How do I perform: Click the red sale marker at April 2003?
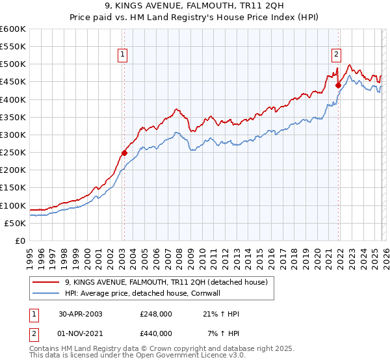click(x=124, y=153)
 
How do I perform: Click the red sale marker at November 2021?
click(x=338, y=85)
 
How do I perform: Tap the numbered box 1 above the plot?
click(x=123, y=55)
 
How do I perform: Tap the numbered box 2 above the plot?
click(x=337, y=55)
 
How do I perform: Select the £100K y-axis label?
click(x=13, y=206)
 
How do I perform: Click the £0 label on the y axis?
click(x=21, y=241)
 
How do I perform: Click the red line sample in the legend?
click(x=46, y=282)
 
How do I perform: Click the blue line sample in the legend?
click(x=46, y=293)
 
